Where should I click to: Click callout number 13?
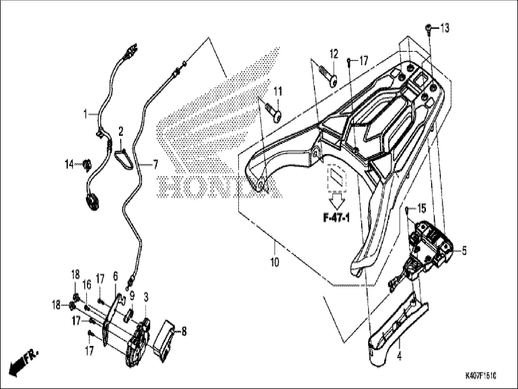coord(445,29)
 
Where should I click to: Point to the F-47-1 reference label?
coord(336,218)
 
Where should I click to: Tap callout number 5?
coord(464,251)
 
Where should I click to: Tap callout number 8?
coord(184,331)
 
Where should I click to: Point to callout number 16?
coord(87,285)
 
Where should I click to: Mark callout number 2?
coord(121,132)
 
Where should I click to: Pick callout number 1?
coord(86,114)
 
